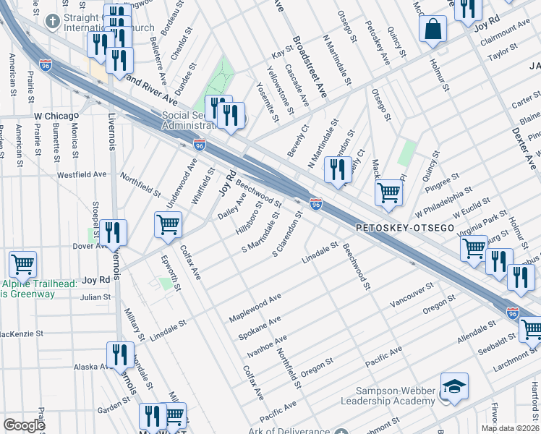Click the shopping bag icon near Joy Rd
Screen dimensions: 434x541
(x=433, y=30)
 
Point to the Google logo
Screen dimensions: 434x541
(x=24, y=425)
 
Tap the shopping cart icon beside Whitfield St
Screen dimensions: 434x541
(x=169, y=225)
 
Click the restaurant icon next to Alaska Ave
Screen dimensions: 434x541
(x=120, y=354)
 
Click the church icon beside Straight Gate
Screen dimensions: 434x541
(x=52, y=22)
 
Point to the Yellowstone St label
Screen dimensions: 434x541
(x=281, y=90)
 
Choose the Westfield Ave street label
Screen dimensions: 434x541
(x=82, y=174)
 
